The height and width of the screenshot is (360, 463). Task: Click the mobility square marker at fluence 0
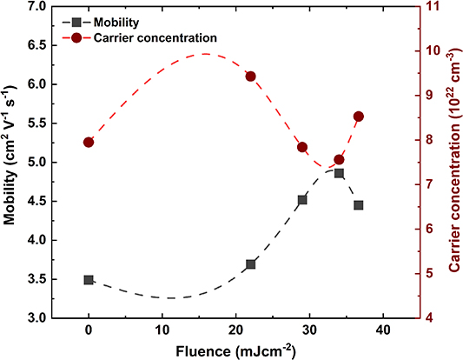click(x=89, y=280)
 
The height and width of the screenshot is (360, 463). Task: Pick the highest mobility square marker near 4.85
click(x=339, y=173)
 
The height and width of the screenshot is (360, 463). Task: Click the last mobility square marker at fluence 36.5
click(x=358, y=205)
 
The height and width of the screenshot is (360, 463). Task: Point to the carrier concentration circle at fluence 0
click(x=89, y=143)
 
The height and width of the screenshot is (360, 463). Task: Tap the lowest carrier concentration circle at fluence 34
click(x=339, y=160)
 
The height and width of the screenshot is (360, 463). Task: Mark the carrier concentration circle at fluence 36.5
click(x=358, y=117)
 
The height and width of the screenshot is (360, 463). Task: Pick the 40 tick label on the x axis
click(x=380, y=331)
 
